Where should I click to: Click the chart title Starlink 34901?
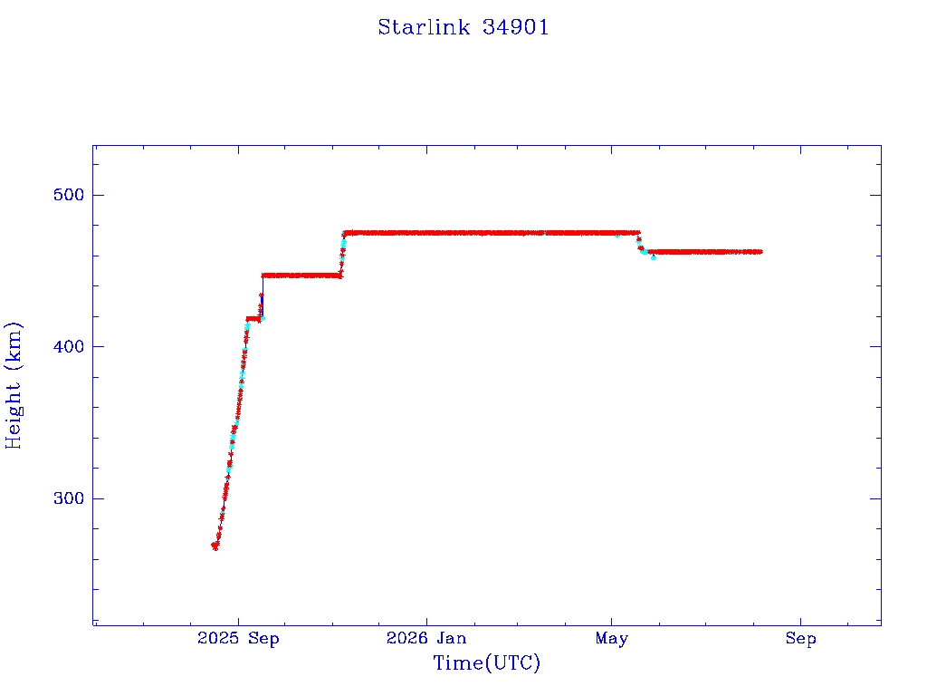pyautogui.click(x=463, y=27)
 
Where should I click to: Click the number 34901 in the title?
pyautogui.click(x=515, y=27)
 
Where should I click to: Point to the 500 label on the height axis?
pyautogui.click(x=69, y=195)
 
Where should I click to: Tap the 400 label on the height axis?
pyautogui.click(x=69, y=346)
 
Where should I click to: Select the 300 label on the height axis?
pyautogui.click(x=69, y=498)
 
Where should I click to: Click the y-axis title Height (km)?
pyautogui.click(x=13, y=385)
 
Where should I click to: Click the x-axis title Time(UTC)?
pyautogui.click(x=486, y=662)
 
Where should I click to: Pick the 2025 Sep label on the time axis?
pyautogui.click(x=238, y=638)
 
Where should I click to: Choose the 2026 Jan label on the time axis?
pyautogui.click(x=426, y=638)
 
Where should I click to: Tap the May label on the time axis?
pyautogui.click(x=612, y=638)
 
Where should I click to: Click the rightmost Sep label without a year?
pyautogui.click(x=800, y=638)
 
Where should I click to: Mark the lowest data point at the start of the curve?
pyautogui.click(x=215, y=546)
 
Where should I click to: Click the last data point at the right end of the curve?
pyautogui.click(x=760, y=252)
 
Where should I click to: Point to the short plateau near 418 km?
pyautogui.click(x=253, y=319)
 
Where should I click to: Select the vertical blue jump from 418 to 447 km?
pyautogui.click(x=263, y=297)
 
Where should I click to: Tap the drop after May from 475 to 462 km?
pyautogui.click(x=640, y=243)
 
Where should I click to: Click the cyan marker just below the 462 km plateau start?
pyautogui.click(x=654, y=257)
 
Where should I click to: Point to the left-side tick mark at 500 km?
pyautogui.click(x=98, y=195)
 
